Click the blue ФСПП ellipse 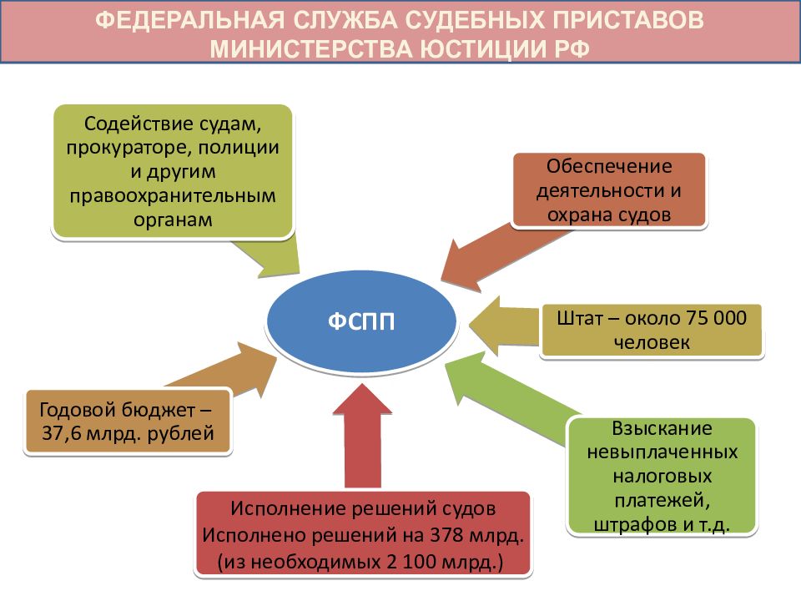point(360,321)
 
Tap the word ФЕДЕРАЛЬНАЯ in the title point(189,20)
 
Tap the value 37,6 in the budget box point(61,433)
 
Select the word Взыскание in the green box point(662,427)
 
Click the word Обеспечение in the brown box point(609,166)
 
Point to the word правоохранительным point(173,195)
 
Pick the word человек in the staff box point(652,342)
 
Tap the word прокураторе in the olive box point(128,149)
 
